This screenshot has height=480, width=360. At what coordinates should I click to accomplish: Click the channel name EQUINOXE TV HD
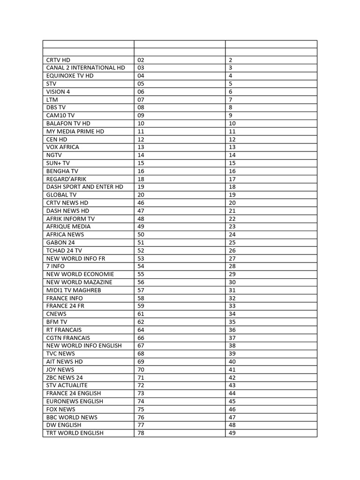pos(70,75)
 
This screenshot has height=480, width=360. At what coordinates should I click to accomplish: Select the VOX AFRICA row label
pos(63,147)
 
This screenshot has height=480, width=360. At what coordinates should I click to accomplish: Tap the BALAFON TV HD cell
pos(68,123)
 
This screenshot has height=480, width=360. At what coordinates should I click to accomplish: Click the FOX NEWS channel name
pos(60,409)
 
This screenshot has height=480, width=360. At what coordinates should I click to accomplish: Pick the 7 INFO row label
pos(56,266)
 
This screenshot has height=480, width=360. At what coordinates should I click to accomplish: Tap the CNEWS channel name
pos(56,314)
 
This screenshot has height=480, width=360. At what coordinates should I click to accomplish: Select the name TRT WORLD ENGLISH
pos(75,433)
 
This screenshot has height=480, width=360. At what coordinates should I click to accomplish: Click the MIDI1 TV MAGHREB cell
pos(74,290)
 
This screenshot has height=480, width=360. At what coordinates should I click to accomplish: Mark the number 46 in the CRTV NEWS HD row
pos(141,203)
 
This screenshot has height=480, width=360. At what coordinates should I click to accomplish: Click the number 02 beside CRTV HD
pos(141,60)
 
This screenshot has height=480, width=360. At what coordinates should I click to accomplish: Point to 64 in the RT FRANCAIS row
pos(141,330)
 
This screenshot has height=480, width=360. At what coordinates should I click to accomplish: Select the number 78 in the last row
pos(141,433)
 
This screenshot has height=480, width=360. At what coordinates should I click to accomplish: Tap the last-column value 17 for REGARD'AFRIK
pos(232,179)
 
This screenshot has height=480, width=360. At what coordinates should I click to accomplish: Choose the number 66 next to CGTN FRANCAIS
pos(141,338)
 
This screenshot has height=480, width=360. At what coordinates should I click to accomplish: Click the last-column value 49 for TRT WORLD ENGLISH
pos(232,433)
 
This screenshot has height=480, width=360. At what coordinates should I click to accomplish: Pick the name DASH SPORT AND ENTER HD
pos(85,187)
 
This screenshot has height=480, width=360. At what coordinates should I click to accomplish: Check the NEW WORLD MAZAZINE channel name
pos(79,282)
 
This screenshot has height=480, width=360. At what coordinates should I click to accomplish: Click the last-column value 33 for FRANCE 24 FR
pos(232,306)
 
